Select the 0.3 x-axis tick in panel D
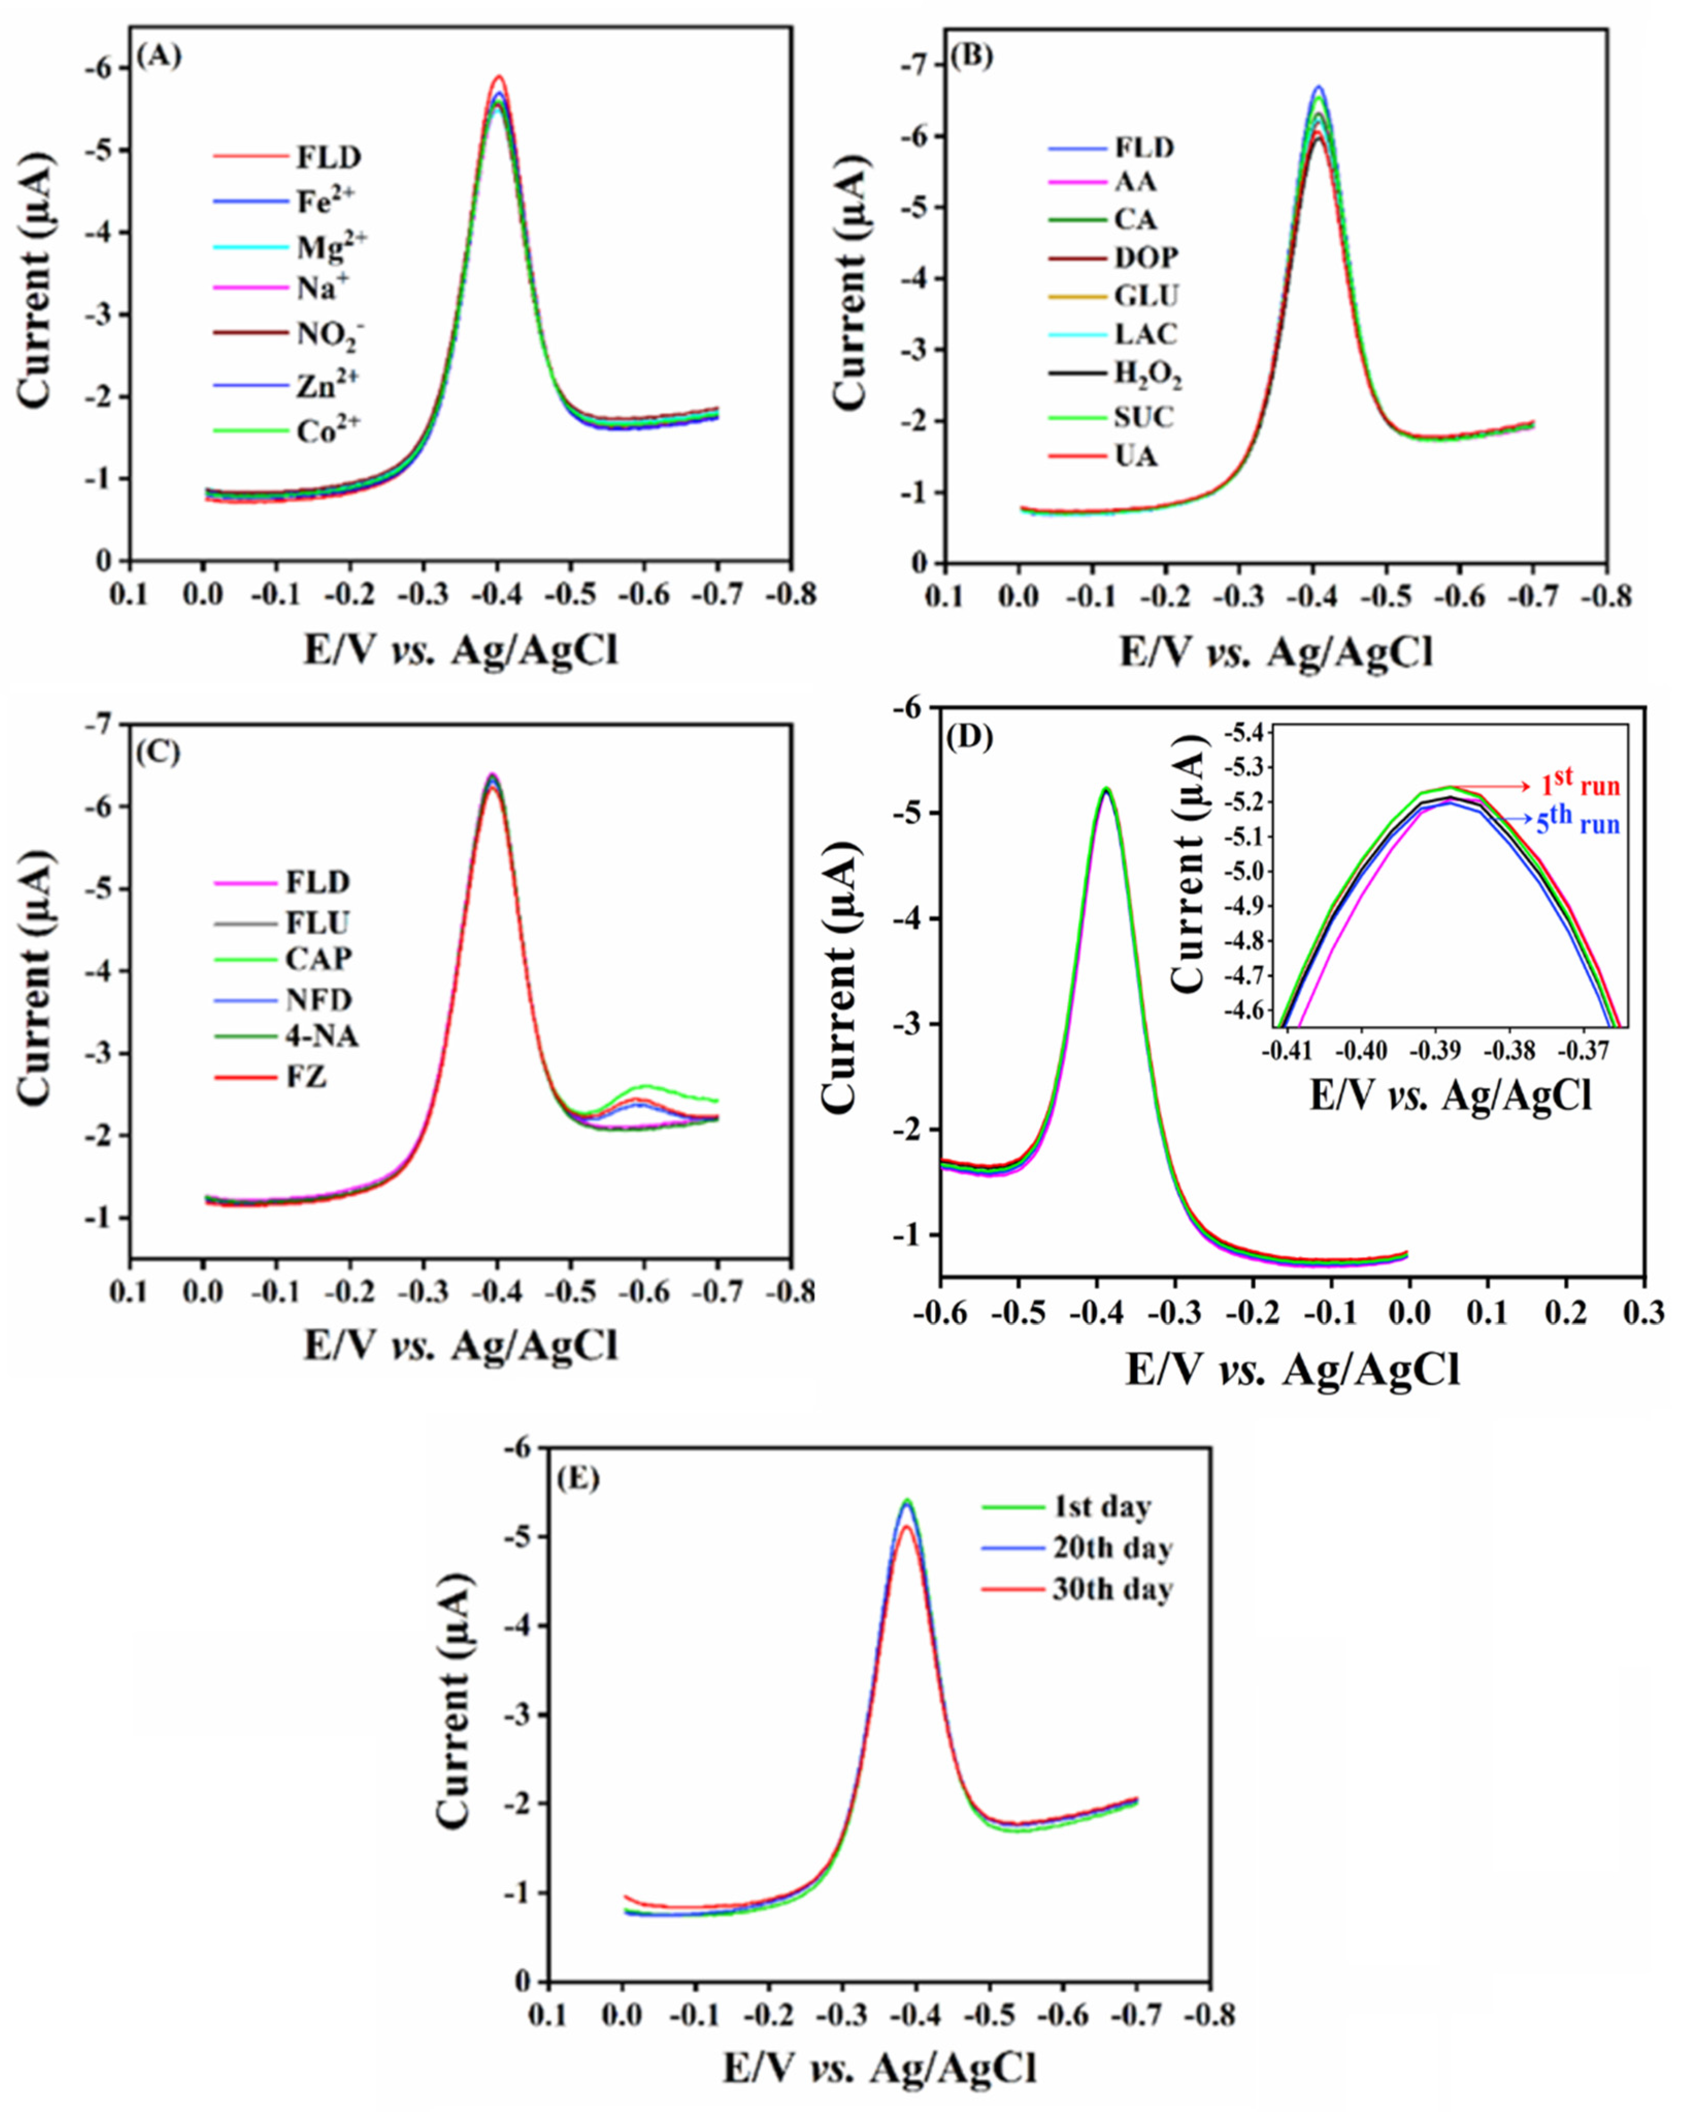point(1645,1311)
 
